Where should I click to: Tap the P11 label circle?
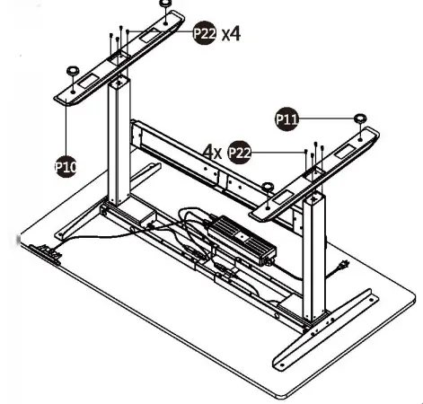pyautogui.click(x=286, y=118)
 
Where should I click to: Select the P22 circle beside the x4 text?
pyautogui.click(x=205, y=34)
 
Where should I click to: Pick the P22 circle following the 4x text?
pyautogui.click(x=239, y=153)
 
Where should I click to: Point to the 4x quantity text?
pyautogui.click(x=212, y=153)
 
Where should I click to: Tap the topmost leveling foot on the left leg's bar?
pyautogui.click(x=166, y=4)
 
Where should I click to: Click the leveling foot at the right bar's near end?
pyautogui.click(x=269, y=187)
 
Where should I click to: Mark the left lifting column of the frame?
pyautogui.click(x=117, y=144)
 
